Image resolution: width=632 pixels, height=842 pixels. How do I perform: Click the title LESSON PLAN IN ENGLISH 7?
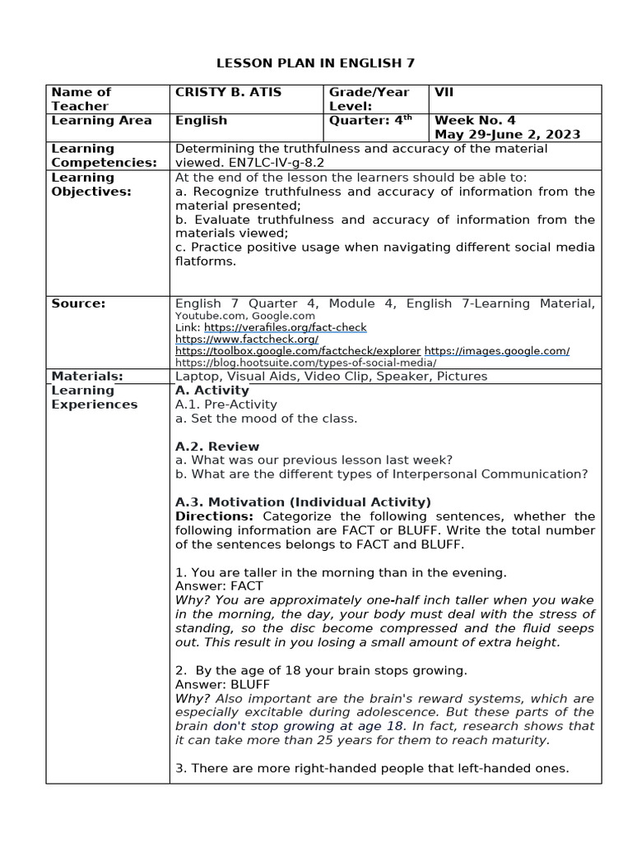(x=315, y=62)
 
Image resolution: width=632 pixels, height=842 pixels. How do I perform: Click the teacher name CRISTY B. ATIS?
(x=228, y=92)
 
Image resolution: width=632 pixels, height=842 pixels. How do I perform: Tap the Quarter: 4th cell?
(x=370, y=120)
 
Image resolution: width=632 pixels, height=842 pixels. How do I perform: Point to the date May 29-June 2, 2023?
(x=507, y=134)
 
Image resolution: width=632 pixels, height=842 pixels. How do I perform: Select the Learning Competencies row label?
(x=104, y=155)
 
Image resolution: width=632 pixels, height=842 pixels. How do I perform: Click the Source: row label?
(x=78, y=303)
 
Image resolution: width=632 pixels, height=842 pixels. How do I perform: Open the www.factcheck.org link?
(x=247, y=339)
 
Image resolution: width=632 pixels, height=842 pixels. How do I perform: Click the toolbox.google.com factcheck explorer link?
(x=298, y=350)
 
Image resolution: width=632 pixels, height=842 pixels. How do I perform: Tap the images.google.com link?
(x=497, y=350)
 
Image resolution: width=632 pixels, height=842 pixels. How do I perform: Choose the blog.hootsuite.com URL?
(x=305, y=362)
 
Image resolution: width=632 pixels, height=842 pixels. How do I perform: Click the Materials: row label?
(x=87, y=376)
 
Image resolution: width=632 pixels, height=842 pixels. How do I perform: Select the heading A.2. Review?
(x=217, y=446)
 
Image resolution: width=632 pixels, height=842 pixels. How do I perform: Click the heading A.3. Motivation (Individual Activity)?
(x=303, y=502)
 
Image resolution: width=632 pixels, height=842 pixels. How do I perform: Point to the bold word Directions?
(x=215, y=516)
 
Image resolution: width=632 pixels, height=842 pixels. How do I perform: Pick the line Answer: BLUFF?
(x=222, y=684)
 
